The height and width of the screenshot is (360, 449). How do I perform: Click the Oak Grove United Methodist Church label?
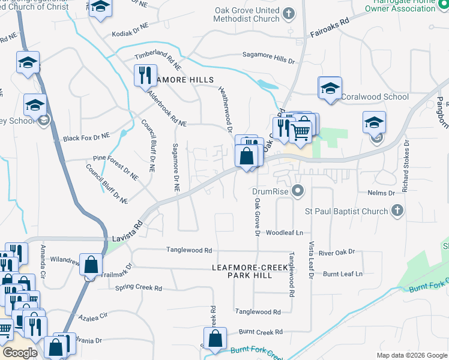click(249, 14)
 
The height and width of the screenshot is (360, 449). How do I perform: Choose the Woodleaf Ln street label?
click(285, 232)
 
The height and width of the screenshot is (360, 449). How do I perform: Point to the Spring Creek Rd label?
click(139, 289)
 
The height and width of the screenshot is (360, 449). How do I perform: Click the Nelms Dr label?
click(384, 193)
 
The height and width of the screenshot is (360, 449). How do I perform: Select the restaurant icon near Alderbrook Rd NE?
click(145, 76)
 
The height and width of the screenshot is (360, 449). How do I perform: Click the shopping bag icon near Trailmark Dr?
click(90, 264)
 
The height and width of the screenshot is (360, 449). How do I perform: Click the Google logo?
click(20, 352)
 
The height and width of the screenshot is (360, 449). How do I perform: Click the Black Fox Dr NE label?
click(86, 137)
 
